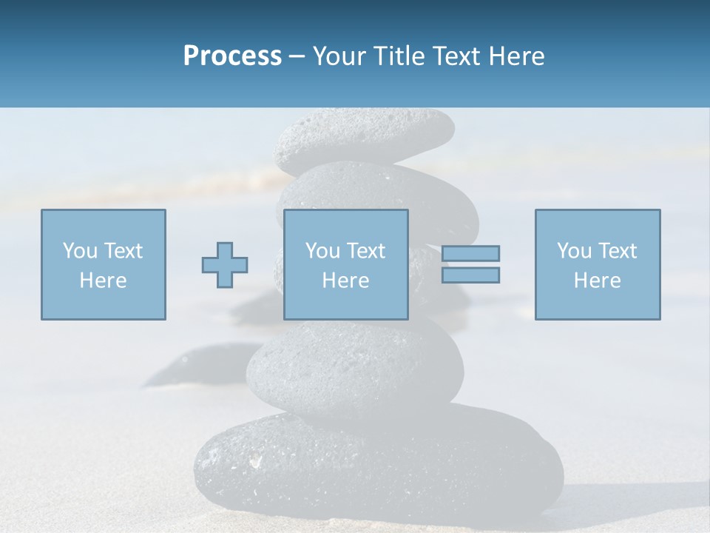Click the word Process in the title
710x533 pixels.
pos(232,56)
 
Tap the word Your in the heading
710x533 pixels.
pos(339,56)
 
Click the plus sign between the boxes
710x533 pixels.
pos(225,264)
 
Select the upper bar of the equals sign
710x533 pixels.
pos(470,253)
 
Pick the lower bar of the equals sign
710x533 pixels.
pos(470,275)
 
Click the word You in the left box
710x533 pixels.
pos(80,251)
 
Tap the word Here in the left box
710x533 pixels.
pos(103,281)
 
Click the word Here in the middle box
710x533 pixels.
pos(345,281)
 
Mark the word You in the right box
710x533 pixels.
pos(574,251)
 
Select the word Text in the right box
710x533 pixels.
pos(618,251)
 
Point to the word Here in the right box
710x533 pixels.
pos(597,281)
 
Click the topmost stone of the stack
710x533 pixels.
pos(365,137)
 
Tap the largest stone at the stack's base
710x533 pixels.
pos(377,466)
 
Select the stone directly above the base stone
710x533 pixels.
pos(355,366)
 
